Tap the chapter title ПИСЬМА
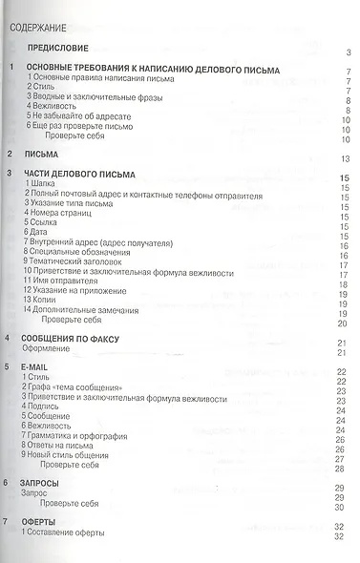42,154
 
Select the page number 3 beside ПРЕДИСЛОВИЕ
349,52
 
